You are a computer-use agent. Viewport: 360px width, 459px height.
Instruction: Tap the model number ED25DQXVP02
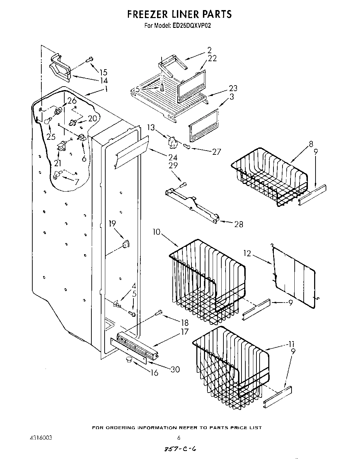(191, 25)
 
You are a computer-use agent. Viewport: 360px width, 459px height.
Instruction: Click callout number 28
(238, 224)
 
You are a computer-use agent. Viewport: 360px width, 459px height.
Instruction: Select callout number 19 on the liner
(112, 224)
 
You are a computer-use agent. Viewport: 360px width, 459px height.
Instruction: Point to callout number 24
(173, 157)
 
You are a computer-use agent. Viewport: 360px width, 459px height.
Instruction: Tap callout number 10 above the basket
(156, 232)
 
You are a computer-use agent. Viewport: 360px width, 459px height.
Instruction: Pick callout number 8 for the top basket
(311, 144)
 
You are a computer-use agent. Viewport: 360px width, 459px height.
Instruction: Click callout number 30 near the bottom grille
(175, 369)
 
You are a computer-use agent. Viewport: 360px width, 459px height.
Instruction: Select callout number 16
(154, 373)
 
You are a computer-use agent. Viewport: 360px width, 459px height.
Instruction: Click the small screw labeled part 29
(184, 184)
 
